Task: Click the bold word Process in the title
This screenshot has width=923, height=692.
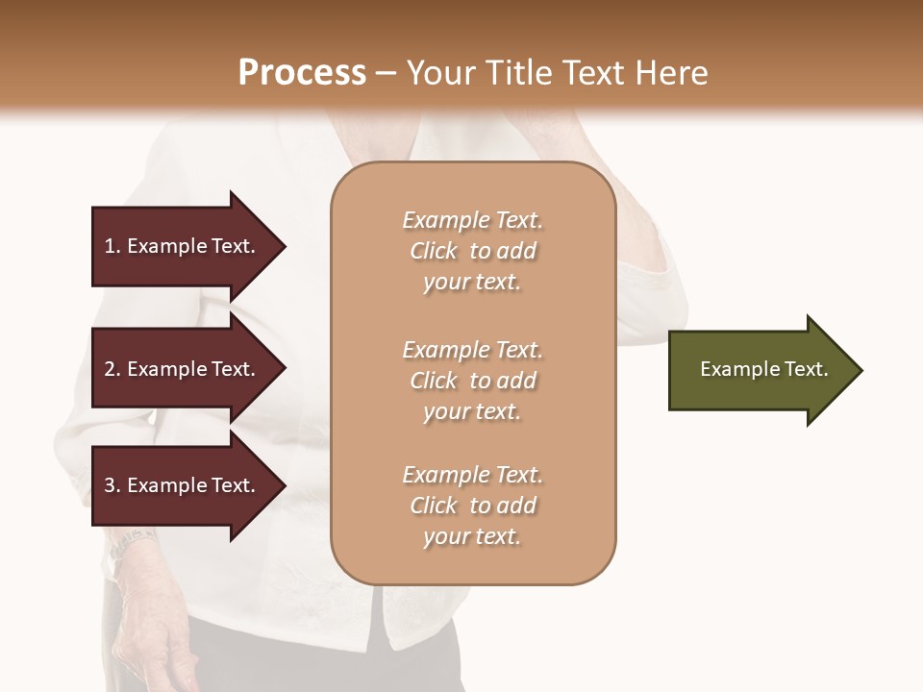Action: pyautogui.click(x=302, y=73)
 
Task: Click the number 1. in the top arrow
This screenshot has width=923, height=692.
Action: pyautogui.click(x=112, y=246)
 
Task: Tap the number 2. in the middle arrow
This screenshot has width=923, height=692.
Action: pyautogui.click(x=112, y=369)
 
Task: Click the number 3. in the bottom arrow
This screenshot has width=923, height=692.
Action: pyautogui.click(x=112, y=485)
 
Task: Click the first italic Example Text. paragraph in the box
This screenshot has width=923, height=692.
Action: pyautogui.click(x=472, y=251)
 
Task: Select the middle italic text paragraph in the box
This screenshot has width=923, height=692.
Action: pyautogui.click(x=472, y=381)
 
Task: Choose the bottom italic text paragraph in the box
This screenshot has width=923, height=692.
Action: pyautogui.click(x=472, y=506)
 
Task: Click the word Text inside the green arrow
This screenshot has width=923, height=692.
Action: pyautogui.click(x=807, y=369)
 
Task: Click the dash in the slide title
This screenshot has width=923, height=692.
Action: pyautogui.click(x=386, y=73)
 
